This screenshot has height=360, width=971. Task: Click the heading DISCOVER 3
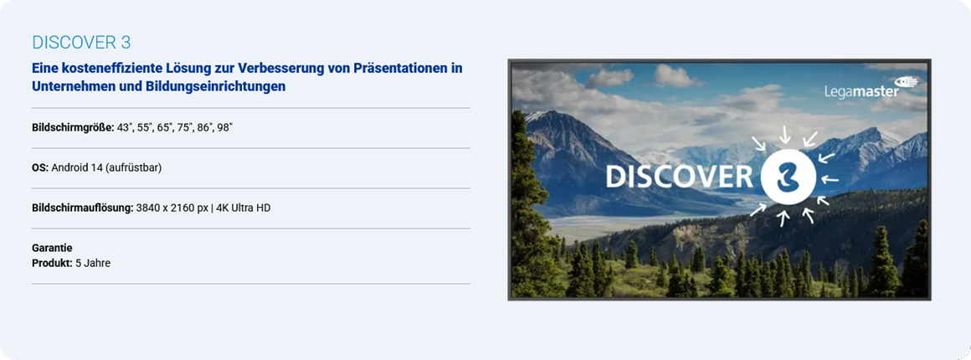coord(81,42)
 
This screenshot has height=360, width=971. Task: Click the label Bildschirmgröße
coord(73,128)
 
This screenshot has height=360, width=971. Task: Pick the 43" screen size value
coord(125,128)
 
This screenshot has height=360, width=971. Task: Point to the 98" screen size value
coord(224,128)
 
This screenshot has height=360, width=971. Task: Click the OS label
coord(40,168)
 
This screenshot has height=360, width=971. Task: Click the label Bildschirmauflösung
coord(83,208)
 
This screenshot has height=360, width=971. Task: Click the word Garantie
coord(52,248)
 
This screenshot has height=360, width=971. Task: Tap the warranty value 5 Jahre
coord(93,264)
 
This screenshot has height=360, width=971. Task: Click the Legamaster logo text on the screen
coord(861,91)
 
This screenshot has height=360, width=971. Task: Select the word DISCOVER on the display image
coord(680,177)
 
